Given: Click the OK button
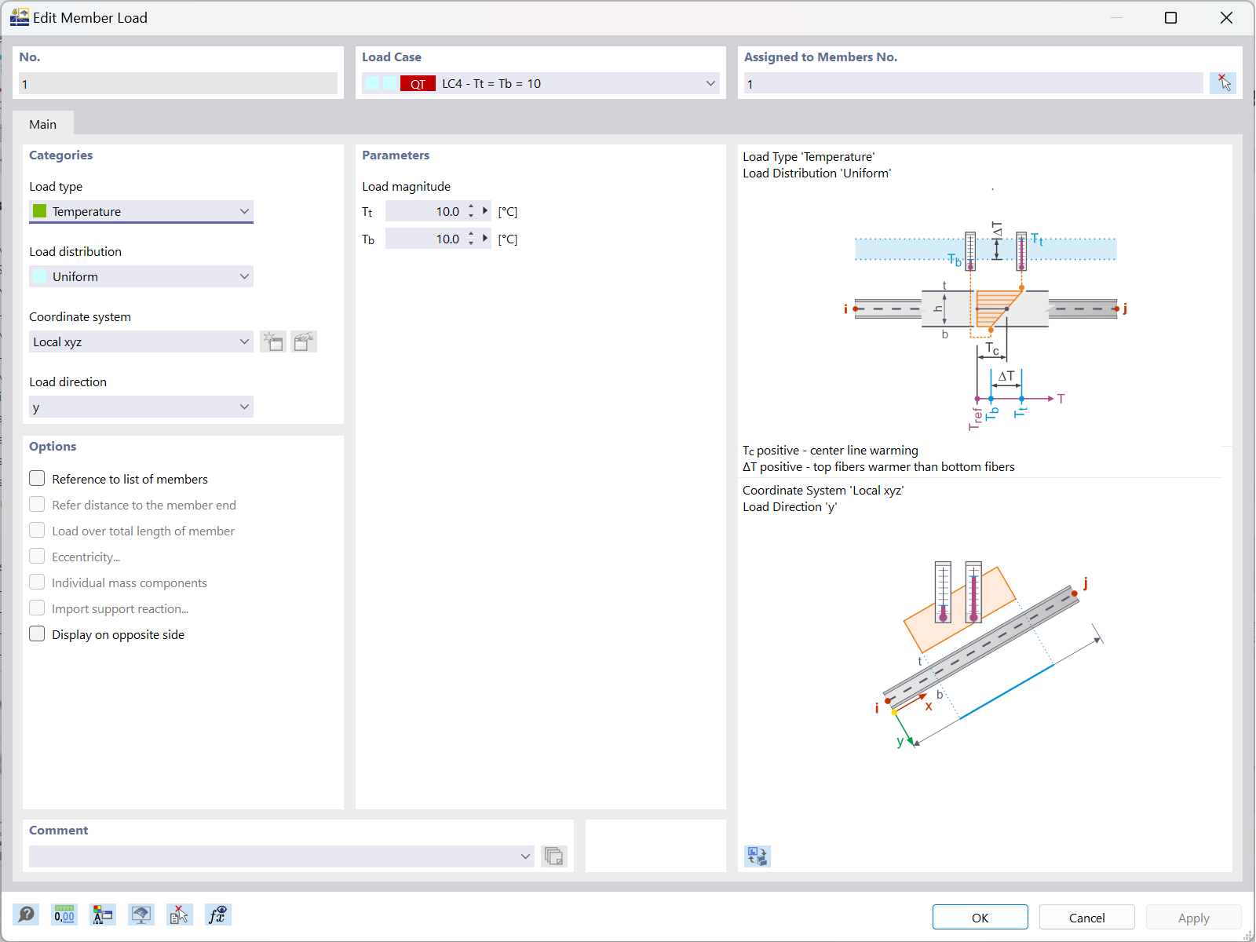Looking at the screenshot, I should point(980,918).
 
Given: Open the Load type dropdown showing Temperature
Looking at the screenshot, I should point(141,211).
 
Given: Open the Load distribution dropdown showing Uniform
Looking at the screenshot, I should point(141,276).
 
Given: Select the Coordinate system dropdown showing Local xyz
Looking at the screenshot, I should point(141,341).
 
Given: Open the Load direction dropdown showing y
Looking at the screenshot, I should point(141,407).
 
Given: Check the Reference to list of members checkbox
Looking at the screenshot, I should point(37,478).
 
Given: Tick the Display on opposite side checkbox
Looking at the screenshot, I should point(37,633).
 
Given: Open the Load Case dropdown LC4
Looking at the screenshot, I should point(541,83).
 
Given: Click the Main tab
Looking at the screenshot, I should point(43,124).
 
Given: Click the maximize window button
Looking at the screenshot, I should point(1170,17).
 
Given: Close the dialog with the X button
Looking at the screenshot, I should point(1226,17).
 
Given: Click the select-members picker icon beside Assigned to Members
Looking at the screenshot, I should point(1223,82).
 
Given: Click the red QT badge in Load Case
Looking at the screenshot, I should point(418,83).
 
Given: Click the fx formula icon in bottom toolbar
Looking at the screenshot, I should point(217,915).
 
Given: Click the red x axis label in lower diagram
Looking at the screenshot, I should point(929,706).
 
